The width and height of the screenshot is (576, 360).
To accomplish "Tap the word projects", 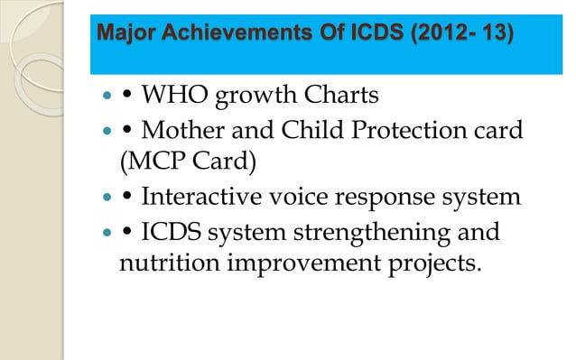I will click(427, 265).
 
